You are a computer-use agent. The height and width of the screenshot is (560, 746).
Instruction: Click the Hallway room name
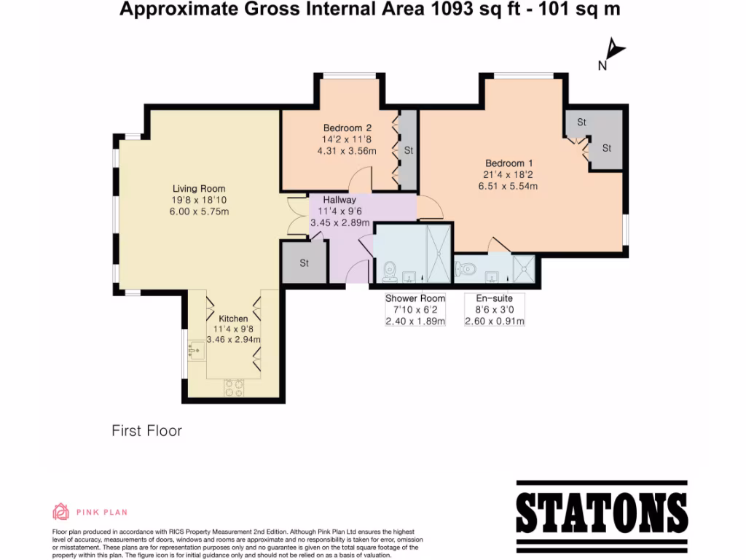tap(339, 199)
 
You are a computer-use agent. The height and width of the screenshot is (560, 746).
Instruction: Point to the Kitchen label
tap(233, 319)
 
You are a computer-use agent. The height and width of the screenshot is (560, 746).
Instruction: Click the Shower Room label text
tap(415, 298)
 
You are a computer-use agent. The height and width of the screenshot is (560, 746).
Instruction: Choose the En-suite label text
tap(494, 298)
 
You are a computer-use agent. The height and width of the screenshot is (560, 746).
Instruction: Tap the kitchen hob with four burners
tap(234, 388)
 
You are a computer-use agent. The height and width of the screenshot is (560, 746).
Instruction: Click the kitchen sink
tap(195, 353)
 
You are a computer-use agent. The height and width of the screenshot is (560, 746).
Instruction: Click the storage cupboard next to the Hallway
tap(304, 262)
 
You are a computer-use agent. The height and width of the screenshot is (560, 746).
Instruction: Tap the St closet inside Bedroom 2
tap(409, 150)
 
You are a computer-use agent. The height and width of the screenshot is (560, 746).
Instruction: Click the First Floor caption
tap(146, 431)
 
